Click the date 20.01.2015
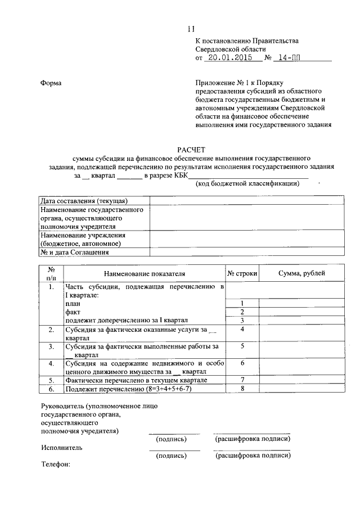point(228,57)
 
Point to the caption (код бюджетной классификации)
point(247,184)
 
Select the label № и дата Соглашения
point(74,253)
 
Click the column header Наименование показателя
point(144,273)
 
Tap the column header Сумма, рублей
point(301,273)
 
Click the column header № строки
point(242,273)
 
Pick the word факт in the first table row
point(73,312)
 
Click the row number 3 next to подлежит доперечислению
point(242,321)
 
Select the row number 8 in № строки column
point(242,388)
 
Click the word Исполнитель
point(61,448)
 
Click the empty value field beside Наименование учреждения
point(245,240)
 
